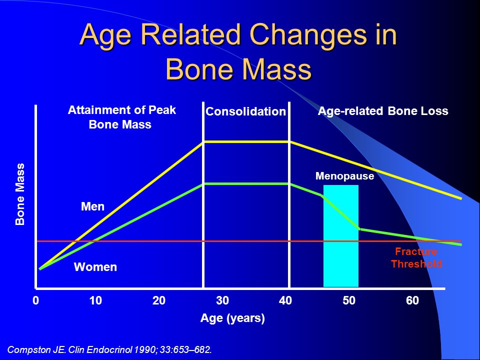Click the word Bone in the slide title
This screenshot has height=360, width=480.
tap(201, 69)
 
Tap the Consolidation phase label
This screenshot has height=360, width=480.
tap(245, 111)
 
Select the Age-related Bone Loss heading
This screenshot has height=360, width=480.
tap(383, 111)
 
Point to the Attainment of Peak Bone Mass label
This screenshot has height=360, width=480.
tap(121, 117)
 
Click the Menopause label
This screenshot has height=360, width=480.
tap(344, 176)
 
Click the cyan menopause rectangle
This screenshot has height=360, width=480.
tap(340, 235)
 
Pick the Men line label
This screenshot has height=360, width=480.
tap(92, 206)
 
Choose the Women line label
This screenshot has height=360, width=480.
tap(95, 267)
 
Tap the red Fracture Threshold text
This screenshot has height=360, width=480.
tap(416, 258)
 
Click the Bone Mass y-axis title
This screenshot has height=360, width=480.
tap(20, 194)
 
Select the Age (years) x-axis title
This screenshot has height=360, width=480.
tap(232, 318)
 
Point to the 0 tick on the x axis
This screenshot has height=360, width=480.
tap(36, 300)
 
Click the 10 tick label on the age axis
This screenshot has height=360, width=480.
tap(95, 300)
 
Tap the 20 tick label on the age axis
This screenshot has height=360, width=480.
tap(159, 300)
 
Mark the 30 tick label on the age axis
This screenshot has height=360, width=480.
tap(222, 300)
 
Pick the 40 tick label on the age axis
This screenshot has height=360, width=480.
tap(285, 300)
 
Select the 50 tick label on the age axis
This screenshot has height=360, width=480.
tap(349, 300)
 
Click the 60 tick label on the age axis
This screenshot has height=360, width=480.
tap(412, 300)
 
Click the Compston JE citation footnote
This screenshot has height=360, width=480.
tap(109, 349)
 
